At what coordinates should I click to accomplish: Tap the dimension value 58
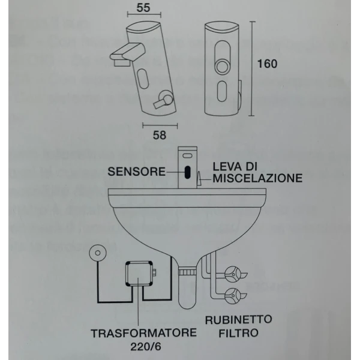click(160, 135)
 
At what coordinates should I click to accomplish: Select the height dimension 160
click(266, 64)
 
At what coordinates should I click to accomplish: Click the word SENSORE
click(137, 172)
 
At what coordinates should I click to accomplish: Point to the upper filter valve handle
click(233, 274)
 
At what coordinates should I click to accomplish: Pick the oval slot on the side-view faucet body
click(145, 79)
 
